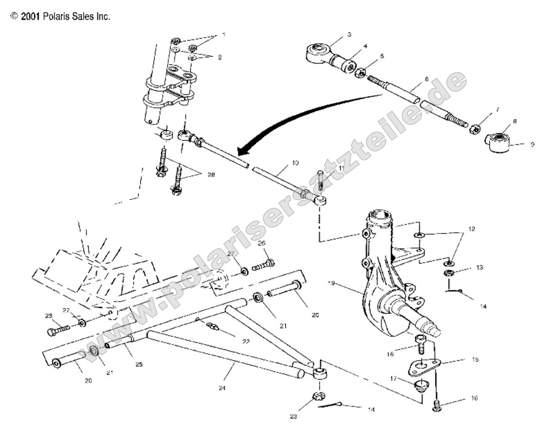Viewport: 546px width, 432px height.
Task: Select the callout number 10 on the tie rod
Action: (x=295, y=163)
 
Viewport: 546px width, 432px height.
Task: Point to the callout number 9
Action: (x=532, y=144)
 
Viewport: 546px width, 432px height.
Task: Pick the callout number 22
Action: (x=246, y=341)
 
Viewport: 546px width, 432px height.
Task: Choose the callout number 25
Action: (x=139, y=364)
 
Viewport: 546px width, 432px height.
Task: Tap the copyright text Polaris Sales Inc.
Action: (x=60, y=17)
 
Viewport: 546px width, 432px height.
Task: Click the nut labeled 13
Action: (x=448, y=272)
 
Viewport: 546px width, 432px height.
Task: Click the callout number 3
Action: (x=349, y=34)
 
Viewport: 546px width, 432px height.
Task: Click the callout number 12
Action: (x=471, y=229)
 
